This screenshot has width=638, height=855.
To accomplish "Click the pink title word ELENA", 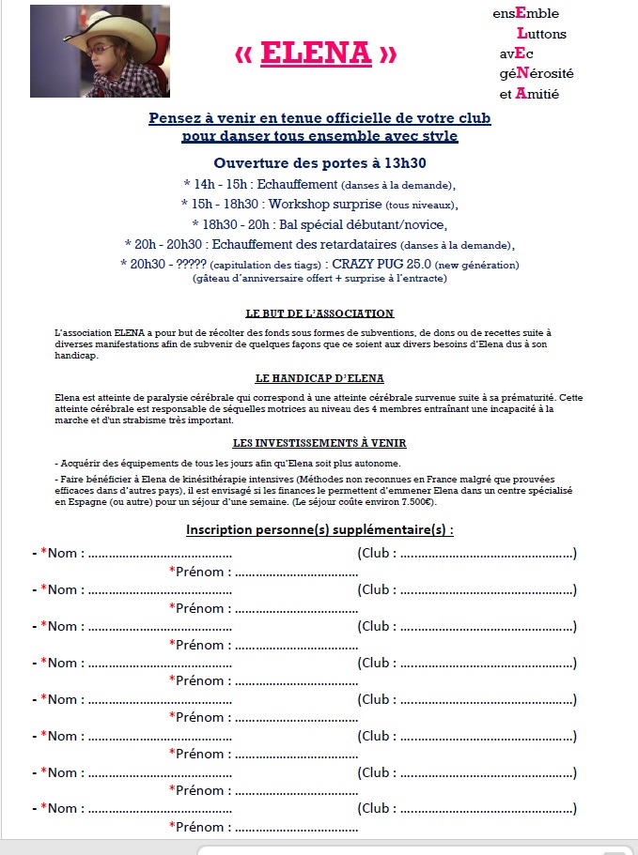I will point(316,53).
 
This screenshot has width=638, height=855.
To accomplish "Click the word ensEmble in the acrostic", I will point(525,13).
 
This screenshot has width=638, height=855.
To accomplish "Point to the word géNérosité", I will point(537,73).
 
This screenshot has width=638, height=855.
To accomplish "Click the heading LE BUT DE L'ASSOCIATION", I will point(319,313).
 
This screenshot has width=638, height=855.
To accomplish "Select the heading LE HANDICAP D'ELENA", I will point(319,378).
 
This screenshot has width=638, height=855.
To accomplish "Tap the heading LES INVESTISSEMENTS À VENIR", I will point(319,443).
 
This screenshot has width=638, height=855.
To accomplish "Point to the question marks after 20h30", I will point(187,265).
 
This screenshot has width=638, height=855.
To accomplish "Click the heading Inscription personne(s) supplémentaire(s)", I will point(319,529).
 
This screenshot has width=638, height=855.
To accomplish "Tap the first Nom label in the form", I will point(62,553).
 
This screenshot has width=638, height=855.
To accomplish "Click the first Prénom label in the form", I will point(200,572).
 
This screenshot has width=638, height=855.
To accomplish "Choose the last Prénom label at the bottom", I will point(200,827).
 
